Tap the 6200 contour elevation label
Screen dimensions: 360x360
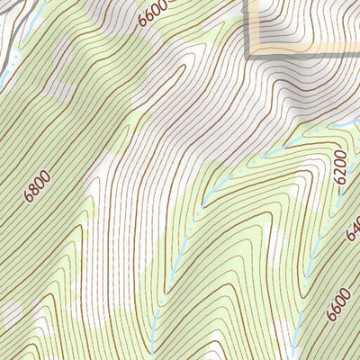[x=340, y=168]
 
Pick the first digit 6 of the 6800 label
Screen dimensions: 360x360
[x=31, y=196]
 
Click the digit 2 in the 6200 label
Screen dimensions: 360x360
[x=340, y=172]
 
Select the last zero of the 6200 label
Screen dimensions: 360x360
[x=340, y=157]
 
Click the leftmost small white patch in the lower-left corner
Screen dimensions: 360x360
[x=11, y=313]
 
